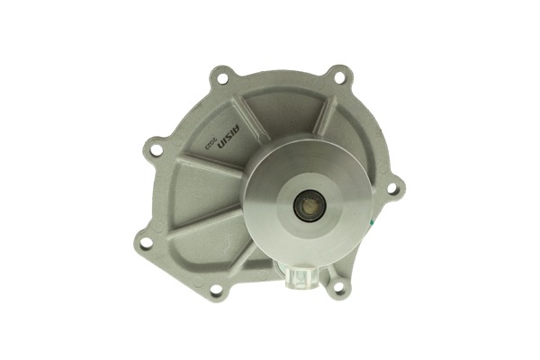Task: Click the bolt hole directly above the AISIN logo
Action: point(222,79)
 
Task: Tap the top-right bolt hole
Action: point(338,77)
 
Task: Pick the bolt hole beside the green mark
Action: point(391,189)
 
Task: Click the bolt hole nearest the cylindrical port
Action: point(338,288)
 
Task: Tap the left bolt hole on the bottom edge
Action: point(216,290)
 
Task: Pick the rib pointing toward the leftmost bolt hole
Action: point(193,221)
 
